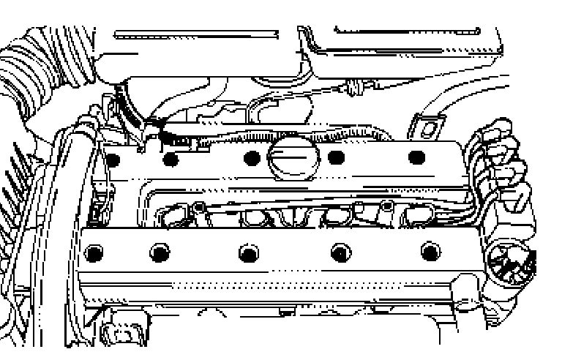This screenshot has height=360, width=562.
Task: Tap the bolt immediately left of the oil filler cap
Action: click(252, 157)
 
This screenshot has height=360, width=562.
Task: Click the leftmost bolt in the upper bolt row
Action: click(112, 157)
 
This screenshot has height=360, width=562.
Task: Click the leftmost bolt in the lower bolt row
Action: click(92, 254)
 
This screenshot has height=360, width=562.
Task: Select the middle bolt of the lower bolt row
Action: click(249, 254)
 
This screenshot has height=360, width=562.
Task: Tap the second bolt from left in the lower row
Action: click(158, 254)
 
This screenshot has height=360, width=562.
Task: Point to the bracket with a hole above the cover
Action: click(427, 124)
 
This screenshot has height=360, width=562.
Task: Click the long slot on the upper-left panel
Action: click(196, 34)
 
